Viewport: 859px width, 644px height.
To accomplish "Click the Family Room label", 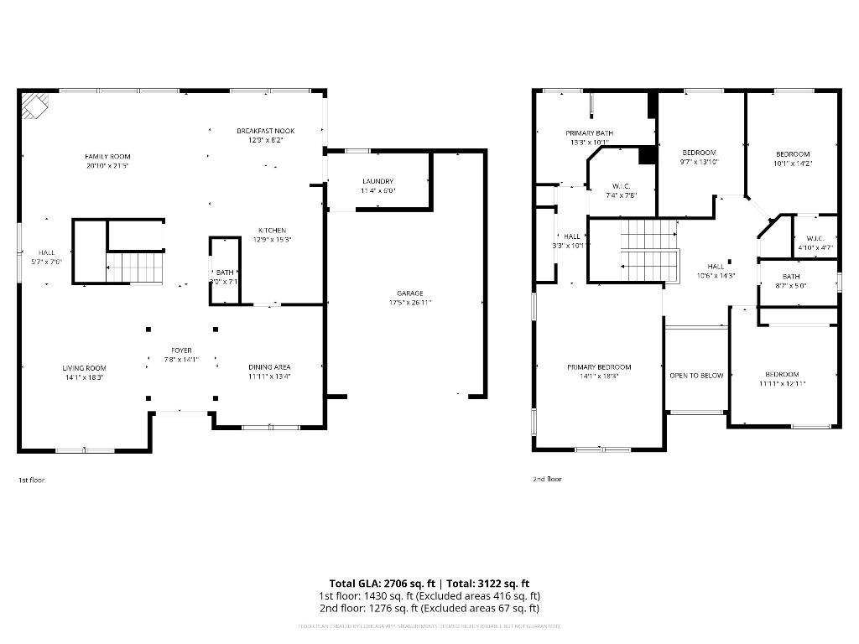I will (107, 156).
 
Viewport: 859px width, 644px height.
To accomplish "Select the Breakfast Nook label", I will (265, 131).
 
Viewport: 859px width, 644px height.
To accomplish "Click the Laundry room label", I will (377, 181).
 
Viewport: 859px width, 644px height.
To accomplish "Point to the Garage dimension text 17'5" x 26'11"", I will (410, 303).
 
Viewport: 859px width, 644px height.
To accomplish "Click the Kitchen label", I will (272, 230).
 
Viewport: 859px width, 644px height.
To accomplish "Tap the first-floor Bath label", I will (225, 273).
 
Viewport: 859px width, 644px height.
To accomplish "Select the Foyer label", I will (181, 350).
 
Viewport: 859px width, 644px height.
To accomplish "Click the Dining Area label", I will (269, 366).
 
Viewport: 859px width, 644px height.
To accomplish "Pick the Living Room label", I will (84, 367).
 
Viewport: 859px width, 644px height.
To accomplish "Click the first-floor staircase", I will (134, 267).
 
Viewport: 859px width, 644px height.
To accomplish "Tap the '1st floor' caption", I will (31, 480).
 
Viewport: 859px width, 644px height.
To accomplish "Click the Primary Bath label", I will (589, 133).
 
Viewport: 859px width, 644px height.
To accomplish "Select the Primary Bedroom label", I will (599, 366).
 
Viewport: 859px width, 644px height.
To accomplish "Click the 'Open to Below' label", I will (696, 375).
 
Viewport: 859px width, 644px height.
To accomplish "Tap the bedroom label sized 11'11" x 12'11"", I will (781, 374).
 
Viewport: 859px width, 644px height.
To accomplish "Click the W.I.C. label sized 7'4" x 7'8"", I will (622, 185).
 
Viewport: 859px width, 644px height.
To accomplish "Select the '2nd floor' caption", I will (547, 479).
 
